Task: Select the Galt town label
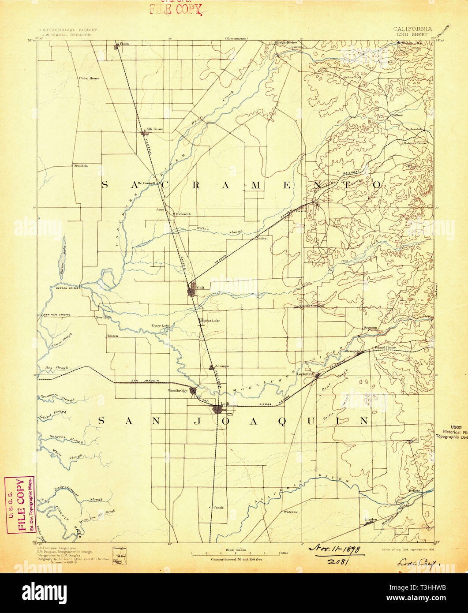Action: point(201,288)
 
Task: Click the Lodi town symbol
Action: point(218,410)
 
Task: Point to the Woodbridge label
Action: point(178,390)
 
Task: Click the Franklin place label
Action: point(81,165)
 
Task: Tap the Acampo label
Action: point(221,366)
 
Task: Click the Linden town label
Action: point(371,520)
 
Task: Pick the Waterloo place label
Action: point(291,512)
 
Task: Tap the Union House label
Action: point(89,78)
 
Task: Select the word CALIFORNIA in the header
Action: point(413,29)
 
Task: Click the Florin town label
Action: point(124,44)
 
